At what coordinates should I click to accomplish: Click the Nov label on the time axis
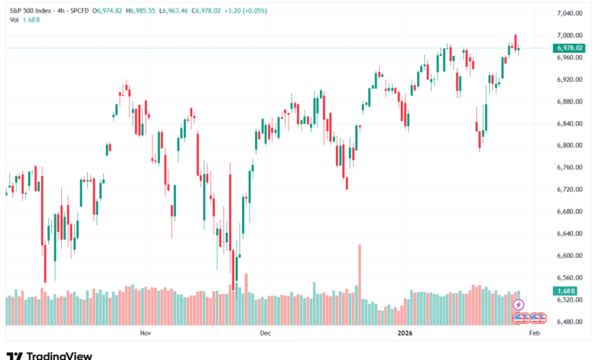tap(145, 334)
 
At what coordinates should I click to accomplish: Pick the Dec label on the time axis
tap(266, 334)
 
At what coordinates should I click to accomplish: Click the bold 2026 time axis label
tap(406, 334)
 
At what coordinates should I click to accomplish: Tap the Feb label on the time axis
tap(535, 334)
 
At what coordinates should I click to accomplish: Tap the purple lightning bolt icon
tap(518, 305)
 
